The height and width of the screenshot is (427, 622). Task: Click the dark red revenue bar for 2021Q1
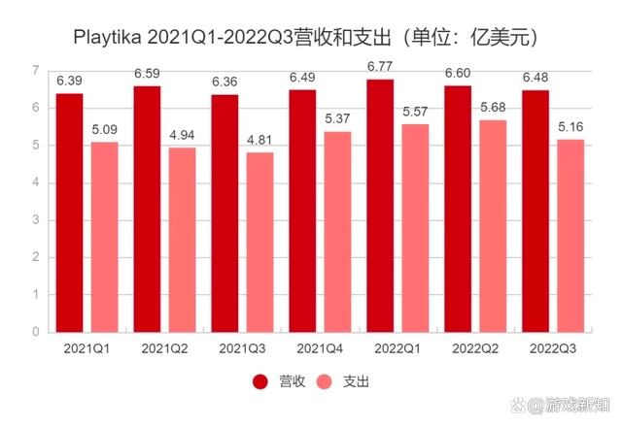68,213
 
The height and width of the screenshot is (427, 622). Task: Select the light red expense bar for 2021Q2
182,240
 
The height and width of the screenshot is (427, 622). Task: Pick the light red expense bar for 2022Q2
493,226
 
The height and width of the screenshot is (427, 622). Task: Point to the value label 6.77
381,69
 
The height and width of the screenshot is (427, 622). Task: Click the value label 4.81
259,142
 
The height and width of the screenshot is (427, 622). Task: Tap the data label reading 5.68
494,109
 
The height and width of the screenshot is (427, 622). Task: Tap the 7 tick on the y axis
35,71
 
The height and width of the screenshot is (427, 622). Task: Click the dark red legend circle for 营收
261,381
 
